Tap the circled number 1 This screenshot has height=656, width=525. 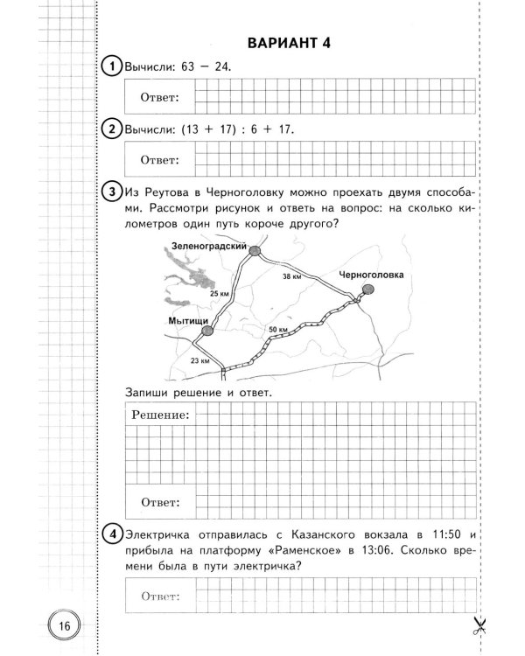point(111,66)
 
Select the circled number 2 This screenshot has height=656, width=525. point(111,129)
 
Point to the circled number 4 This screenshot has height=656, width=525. point(111,534)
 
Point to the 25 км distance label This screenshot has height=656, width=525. point(220,294)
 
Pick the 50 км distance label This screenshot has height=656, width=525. point(279,328)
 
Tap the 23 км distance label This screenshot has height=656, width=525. point(200,359)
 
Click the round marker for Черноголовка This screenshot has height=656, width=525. point(368,290)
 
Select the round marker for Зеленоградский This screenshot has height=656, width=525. point(255,252)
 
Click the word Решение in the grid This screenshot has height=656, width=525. point(161,414)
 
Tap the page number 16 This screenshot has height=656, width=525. point(63,625)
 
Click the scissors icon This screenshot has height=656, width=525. point(479,625)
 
